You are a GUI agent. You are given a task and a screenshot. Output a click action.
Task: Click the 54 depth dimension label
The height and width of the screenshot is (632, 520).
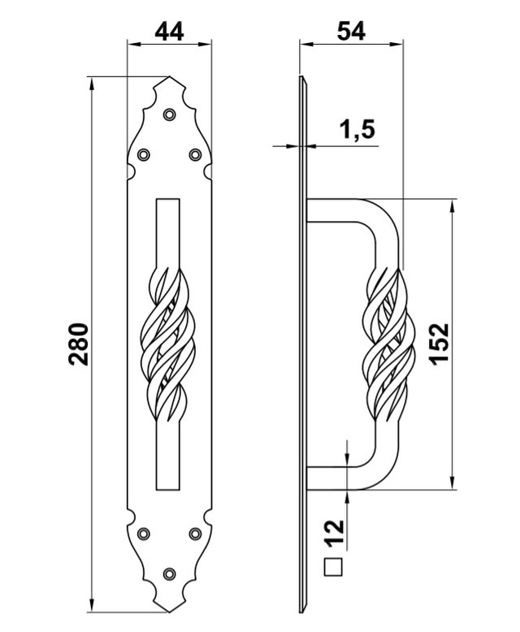click(x=351, y=31)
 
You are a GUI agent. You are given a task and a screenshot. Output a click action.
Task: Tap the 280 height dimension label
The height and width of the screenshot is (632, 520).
click(x=78, y=344)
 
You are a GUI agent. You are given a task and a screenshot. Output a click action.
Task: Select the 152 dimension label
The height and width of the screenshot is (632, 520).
click(x=439, y=344)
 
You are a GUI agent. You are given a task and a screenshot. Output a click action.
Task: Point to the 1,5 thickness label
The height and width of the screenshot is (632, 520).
click(x=357, y=130)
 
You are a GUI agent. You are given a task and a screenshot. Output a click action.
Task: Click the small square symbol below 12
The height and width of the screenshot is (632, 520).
click(x=333, y=567)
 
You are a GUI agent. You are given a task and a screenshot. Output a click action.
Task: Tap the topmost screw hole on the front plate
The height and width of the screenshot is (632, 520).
click(x=169, y=115)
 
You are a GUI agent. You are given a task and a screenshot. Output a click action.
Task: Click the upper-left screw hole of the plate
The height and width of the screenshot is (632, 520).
click(x=144, y=154)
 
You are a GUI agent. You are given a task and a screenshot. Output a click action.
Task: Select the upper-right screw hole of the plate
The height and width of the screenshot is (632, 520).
click(x=195, y=154)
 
